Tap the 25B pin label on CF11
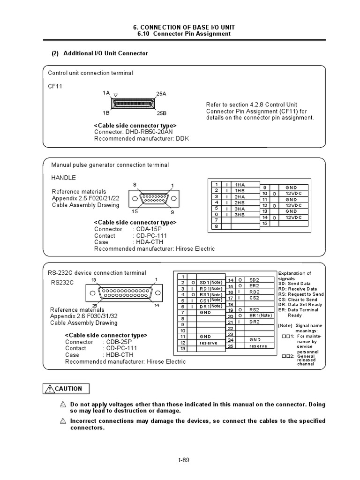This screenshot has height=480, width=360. [x=161, y=113]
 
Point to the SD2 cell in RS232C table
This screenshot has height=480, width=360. [x=255, y=279]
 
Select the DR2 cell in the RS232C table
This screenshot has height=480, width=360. [x=255, y=322]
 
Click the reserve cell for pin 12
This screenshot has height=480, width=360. [x=209, y=343]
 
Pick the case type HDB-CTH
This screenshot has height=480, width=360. [x=118, y=355]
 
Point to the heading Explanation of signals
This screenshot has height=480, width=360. [x=294, y=276]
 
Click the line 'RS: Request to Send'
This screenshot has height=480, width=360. [x=300, y=294]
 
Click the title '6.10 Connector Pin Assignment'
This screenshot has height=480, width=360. [x=183, y=34]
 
